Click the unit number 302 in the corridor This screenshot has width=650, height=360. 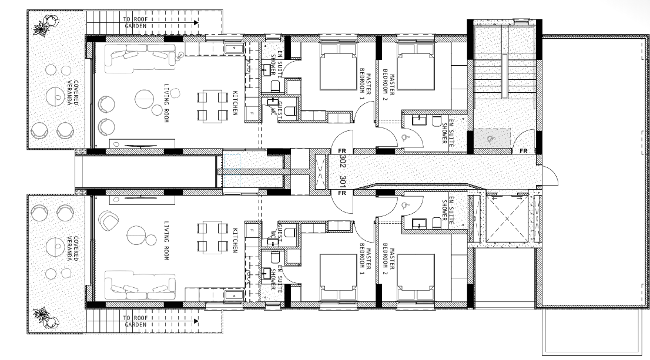pyautogui.click(x=343, y=162)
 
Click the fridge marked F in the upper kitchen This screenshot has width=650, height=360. pyautogui.click(x=252, y=113)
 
